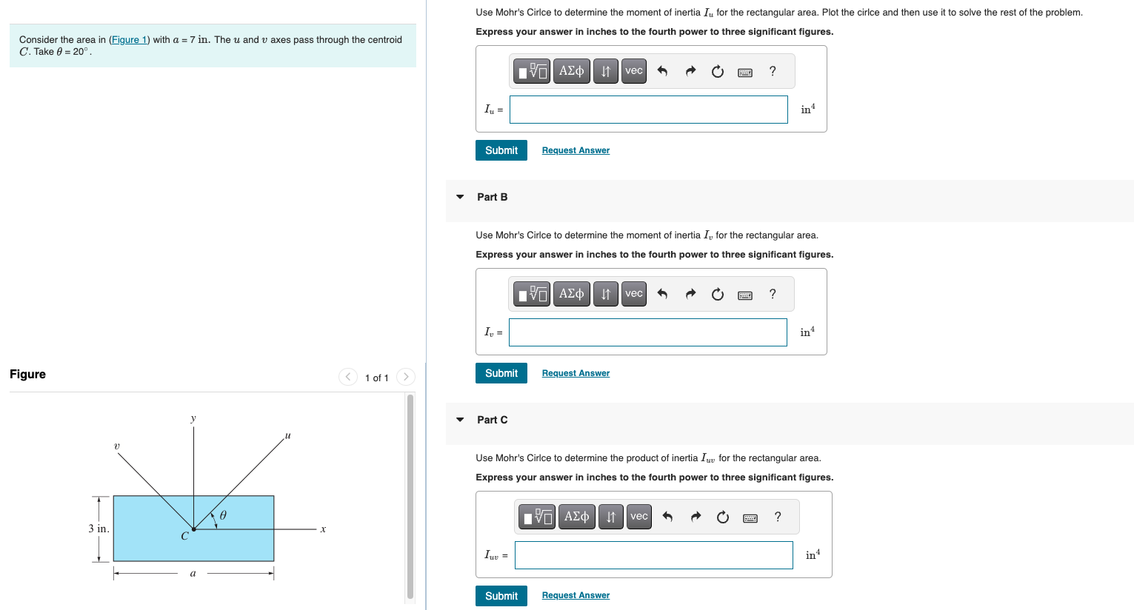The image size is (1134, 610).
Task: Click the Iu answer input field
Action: point(648,110)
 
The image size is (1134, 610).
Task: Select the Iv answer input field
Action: point(647,332)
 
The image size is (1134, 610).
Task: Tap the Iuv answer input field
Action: point(653,555)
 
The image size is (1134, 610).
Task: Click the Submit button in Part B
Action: point(501,373)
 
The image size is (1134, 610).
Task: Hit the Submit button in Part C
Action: point(501,596)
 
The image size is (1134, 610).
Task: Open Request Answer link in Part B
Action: point(576,373)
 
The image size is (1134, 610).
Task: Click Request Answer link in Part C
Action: point(576,595)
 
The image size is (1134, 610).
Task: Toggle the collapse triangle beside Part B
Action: point(460,197)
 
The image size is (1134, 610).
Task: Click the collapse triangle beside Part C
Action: point(460,420)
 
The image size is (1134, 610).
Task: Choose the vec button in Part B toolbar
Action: point(633,294)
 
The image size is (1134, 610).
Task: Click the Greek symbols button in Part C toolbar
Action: point(576,517)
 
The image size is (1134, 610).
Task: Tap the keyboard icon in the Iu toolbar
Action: point(745,72)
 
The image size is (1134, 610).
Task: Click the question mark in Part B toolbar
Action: point(773,294)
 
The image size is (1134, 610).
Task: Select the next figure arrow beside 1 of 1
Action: point(405,377)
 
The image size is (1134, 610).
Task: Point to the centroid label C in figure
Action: point(184,536)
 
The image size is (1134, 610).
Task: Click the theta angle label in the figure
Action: point(223,515)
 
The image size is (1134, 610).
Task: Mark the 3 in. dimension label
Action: point(99,529)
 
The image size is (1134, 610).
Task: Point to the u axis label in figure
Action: point(288,435)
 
